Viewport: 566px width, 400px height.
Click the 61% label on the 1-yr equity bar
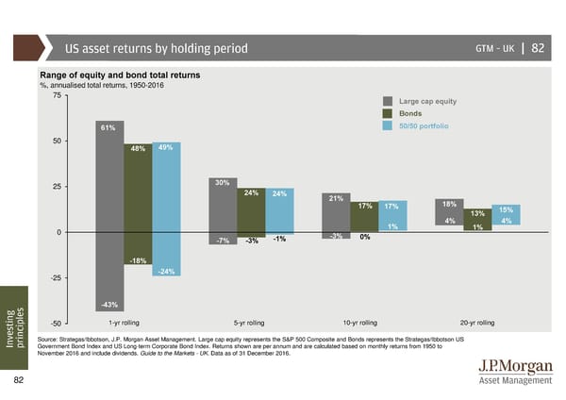coord(108,128)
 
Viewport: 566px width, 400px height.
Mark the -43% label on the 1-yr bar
coord(109,304)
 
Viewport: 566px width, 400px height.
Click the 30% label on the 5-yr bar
coord(223,182)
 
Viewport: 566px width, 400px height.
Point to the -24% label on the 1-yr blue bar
coord(165,272)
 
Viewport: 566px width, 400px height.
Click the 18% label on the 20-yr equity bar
coord(449,204)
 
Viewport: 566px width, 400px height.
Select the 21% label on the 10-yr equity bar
coord(335,198)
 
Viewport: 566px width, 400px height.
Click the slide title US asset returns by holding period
coord(156,48)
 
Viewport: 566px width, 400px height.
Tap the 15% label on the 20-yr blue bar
coord(506,209)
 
